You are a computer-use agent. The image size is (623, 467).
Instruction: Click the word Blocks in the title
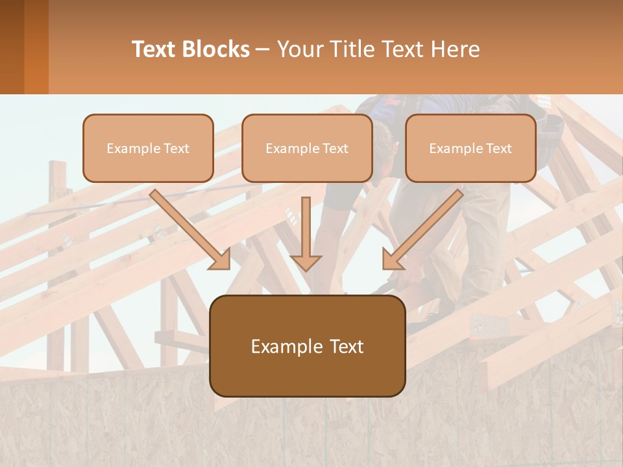(x=215, y=49)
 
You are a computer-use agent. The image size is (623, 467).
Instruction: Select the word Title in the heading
(x=349, y=49)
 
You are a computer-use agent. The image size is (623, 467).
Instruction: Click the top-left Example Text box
(x=148, y=148)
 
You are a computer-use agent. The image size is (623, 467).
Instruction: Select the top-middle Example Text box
(x=307, y=148)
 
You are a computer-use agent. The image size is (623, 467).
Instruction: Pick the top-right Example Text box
(x=470, y=148)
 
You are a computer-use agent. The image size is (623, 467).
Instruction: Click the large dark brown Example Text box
(x=308, y=346)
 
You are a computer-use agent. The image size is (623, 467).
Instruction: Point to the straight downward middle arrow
(x=306, y=233)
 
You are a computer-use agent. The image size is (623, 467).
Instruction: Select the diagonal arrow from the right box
(x=422, y=230)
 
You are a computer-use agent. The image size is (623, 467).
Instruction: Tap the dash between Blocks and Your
(x=263, y=50)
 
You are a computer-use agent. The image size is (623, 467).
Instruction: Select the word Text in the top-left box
(x=176, y=149)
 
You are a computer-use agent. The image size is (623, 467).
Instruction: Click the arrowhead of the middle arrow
(x=306, y=262)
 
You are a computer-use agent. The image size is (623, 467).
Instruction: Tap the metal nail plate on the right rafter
(x=487, y=322)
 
